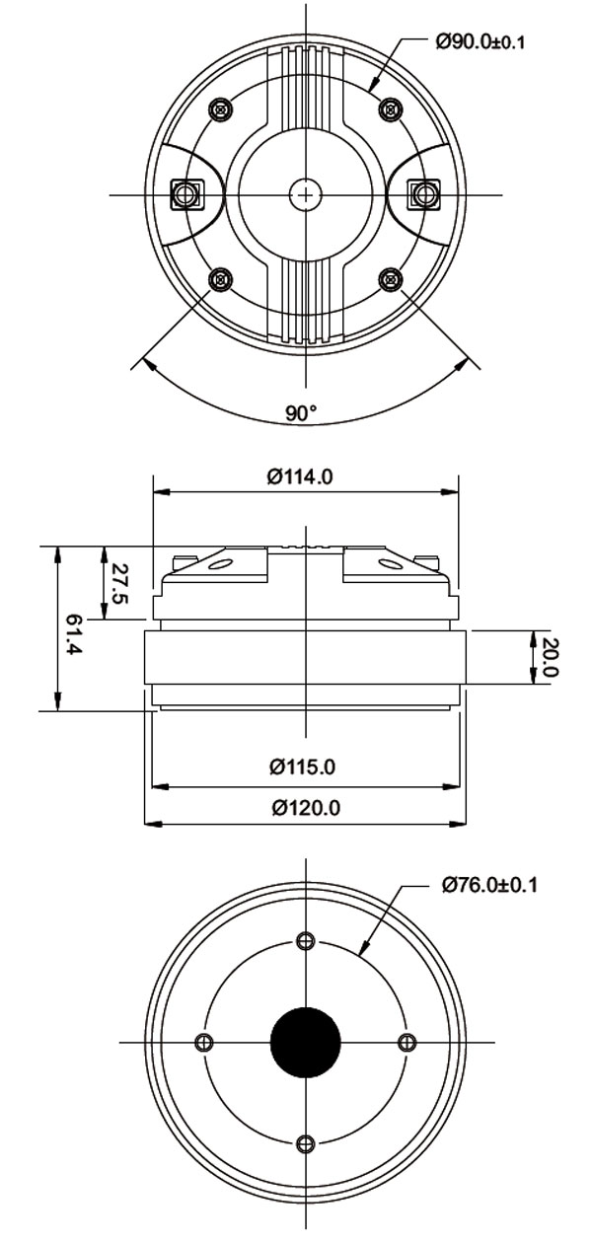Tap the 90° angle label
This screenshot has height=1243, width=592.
[301, 413]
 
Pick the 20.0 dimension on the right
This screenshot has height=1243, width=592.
[550, 657]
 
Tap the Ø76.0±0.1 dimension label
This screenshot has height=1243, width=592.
[489, 885]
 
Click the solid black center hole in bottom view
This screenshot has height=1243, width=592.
[306, 1043]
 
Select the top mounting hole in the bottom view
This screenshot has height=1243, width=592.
[306, 940]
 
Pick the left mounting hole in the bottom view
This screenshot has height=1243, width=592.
[204, 1043]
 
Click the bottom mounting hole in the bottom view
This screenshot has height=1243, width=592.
[306, 1144]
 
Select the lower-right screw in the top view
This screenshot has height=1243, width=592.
[392, 280]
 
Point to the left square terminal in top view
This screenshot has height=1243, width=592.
[185, 194]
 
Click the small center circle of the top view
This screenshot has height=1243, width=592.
[306, 194]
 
